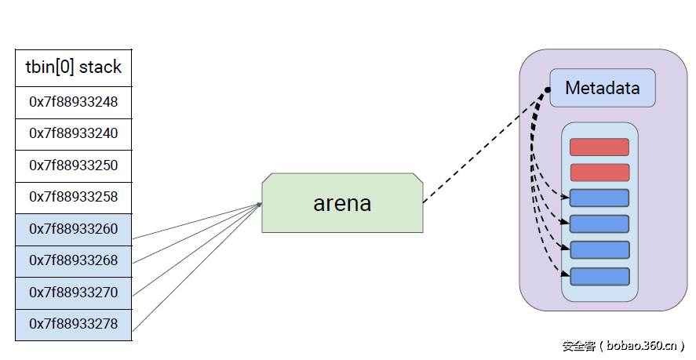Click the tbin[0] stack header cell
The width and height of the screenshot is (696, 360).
(73, 67)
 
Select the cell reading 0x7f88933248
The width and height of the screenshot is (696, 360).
(73, 102)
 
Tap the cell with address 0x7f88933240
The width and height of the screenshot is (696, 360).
(73, 133)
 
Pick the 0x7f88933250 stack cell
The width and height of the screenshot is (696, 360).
(73, 165)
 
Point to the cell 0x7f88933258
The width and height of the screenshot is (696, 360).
(73, 197)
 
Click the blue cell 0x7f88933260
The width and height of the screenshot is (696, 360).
(73, 229)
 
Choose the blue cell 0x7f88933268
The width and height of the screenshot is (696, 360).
(73, 260)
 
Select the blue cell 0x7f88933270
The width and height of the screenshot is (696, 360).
(73, 293)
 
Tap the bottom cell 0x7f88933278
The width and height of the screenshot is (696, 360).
(73, 324)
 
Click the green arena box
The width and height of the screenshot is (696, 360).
(342, 203)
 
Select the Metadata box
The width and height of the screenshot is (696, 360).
(602, 88)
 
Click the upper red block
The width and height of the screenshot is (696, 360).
(599, 147)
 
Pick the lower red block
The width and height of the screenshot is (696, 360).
(599, 173)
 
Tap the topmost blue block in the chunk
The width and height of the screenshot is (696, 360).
(599, 198)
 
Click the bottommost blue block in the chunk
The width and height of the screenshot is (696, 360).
(599, 276)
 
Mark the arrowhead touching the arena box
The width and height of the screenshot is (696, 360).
(258, 205)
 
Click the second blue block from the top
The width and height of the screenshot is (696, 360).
(599, 224)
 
